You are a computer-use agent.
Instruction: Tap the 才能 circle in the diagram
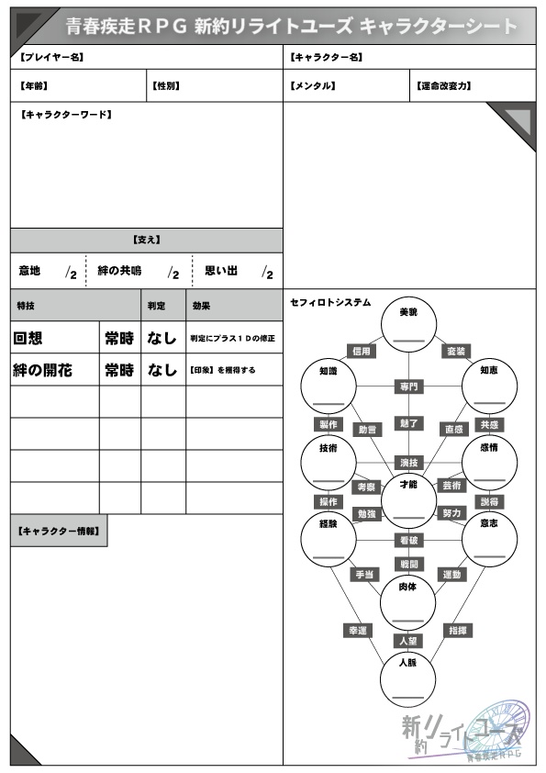click(409, 497)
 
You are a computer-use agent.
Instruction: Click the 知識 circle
click(329, 386)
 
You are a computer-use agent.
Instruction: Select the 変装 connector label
click(456, 351)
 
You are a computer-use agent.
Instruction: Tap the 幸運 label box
click(357, 631)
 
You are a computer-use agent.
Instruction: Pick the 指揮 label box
click(458, 631)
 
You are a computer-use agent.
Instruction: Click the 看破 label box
click(409, 541)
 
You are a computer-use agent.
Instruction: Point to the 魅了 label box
click(409, 422)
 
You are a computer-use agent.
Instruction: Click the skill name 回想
click(28, 338)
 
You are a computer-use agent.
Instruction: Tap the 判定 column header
click(157, 305)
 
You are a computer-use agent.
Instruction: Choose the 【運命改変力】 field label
click(444, 86)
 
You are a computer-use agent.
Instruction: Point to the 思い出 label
click(221, 271)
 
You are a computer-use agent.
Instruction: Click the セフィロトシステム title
click(330, 302)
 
